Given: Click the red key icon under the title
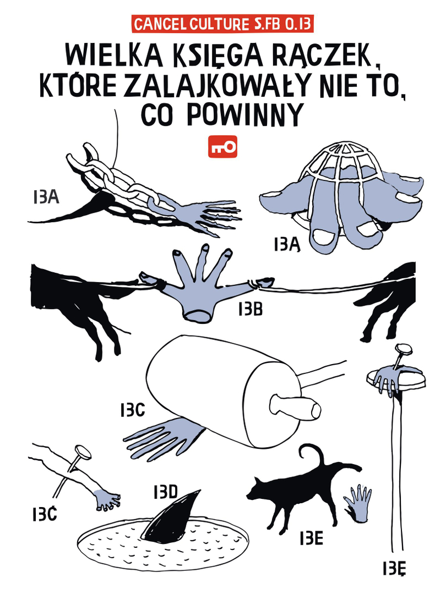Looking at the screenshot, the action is (x=222, y=146).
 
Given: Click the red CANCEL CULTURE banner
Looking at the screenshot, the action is (x=222, y=24).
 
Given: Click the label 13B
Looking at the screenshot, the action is (x=251, y=310).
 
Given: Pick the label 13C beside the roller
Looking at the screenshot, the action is (x=133, y=410).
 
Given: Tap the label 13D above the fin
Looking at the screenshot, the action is (x=166, y=492).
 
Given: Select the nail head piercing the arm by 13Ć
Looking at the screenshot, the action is (x=83, y=452).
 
